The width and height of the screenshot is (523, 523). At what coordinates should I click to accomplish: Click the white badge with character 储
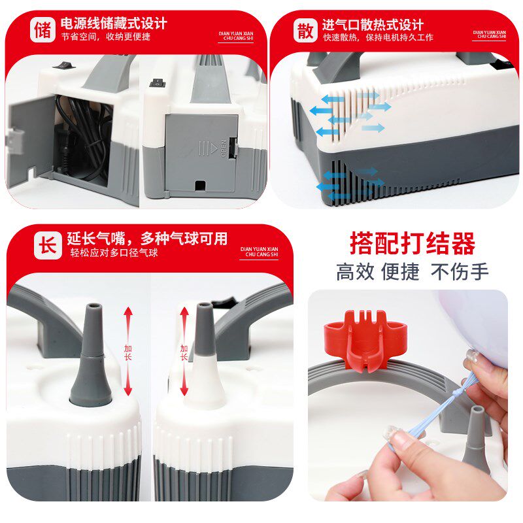[x=42, y=30]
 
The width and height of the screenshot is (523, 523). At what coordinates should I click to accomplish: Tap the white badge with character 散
[x=305, y=30]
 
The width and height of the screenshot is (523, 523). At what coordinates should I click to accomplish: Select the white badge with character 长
[x=48, y=246]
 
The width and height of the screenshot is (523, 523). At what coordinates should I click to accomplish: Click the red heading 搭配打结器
[x=413, y=243]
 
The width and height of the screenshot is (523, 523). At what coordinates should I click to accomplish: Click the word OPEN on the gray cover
[x=224, y=148]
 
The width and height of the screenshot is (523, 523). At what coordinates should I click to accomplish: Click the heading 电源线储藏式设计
[x=114, y=23]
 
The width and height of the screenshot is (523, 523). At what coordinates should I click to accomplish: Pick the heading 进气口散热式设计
[x=373, y=25]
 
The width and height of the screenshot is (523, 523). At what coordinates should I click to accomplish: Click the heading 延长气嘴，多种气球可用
[x=147, y=238]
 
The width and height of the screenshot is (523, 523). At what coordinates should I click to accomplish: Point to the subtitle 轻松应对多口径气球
[x=114, y=253]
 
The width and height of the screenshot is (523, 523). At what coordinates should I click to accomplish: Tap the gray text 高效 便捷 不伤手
[x=413, y=271]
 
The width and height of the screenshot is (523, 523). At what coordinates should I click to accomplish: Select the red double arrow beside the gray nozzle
[x=128, y=351]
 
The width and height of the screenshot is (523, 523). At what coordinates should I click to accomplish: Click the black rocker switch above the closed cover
[x=157, y=83]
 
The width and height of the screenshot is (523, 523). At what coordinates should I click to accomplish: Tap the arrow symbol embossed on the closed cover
[x=208, y=148]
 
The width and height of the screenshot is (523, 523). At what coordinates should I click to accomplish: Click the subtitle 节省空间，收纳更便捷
[x=106, y=37]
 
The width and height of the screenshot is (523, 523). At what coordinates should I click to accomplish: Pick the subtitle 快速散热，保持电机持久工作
[x=378, y=37]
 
